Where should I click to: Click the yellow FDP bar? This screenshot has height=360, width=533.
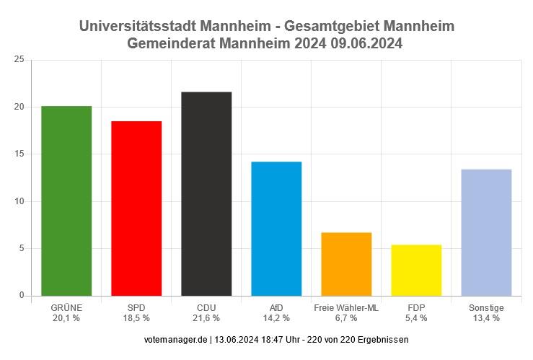pyautogui.click(x=416, y=270)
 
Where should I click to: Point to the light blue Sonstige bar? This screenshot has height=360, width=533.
pyautogui.click(x=486, y=232)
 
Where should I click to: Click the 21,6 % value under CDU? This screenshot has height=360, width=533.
pyautogui.click(x=206, y=318)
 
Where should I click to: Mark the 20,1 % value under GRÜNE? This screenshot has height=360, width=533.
pyautogui.click(x=66, y=318)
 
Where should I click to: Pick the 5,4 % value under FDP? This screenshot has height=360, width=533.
pyautogui.click(x=416, y=318)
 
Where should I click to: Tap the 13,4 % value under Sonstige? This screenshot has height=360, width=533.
pyautogui.click(x=486, y=318)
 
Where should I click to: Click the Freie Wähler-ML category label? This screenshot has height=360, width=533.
pyautogui.click(x=346, y=308)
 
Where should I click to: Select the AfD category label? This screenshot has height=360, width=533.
pyautogui.click(x=276, y=308)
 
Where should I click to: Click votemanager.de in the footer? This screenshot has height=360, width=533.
pyautogui.click(x=176, y=339)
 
